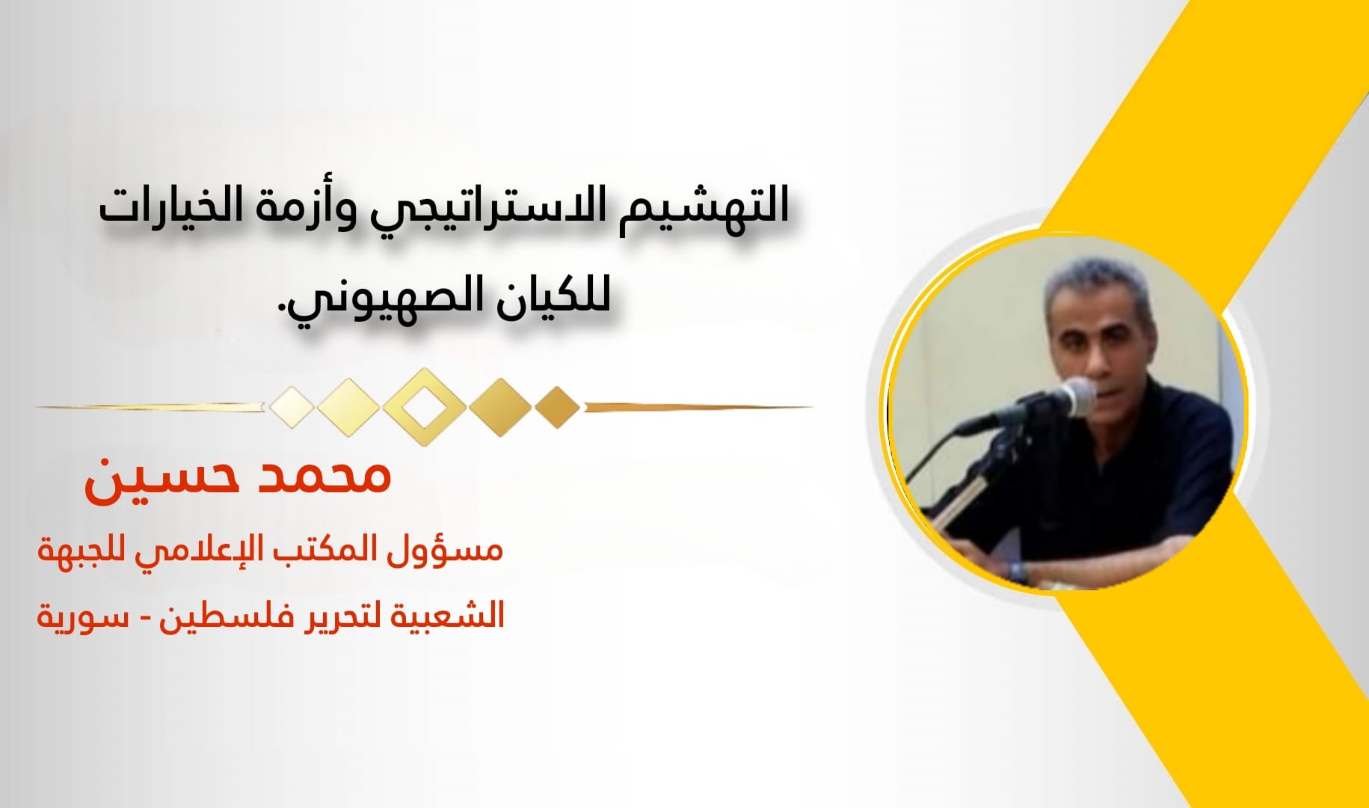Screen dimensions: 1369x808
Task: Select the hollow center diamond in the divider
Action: click(424, 407)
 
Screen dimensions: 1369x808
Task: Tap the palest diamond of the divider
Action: click(292, 408)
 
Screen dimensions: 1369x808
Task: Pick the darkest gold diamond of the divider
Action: click(557, 408)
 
